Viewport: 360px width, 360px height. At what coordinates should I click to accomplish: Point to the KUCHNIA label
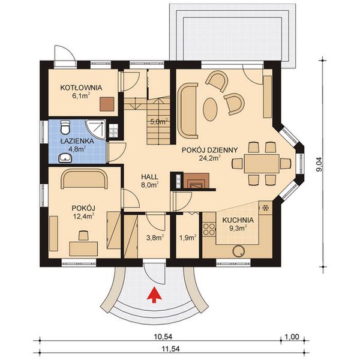coord(238,220)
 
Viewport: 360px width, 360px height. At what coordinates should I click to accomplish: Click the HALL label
coord(149,177)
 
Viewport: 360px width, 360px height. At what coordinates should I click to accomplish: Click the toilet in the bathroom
coord(66,127)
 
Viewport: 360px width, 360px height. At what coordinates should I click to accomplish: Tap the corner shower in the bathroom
coord(94,128)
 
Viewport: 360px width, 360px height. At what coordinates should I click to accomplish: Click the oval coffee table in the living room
coord(211,109)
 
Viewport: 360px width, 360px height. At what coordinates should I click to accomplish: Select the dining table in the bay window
coord(262,163)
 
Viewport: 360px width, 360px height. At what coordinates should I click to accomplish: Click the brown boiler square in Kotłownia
coord(107,104)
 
